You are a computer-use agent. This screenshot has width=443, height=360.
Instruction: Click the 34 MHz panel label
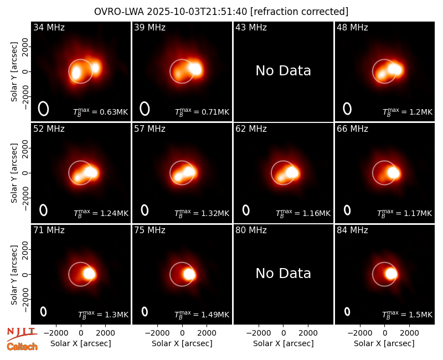tap(49, 27)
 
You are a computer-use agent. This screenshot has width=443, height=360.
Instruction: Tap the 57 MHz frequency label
tap(150, 129)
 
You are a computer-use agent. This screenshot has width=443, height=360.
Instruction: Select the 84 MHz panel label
tap(352, 230)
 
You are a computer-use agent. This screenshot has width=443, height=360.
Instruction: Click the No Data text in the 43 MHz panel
tap(284, 71)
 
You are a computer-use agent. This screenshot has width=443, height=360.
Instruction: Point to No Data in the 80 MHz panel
tap(284, 273)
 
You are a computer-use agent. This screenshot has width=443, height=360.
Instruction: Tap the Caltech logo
tap(22, 347)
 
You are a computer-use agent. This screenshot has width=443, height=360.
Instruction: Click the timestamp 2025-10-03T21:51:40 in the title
tap(197, 12)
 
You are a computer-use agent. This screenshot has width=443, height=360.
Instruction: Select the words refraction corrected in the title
tap(299, 12)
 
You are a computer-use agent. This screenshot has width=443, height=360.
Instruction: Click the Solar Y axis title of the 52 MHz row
tap(14, 173)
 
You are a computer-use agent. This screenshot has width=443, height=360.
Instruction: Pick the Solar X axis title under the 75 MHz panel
tap(182, 343)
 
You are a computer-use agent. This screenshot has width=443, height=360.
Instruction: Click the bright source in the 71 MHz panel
tap(89, 274)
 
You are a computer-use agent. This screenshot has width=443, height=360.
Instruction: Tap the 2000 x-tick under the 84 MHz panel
tap(409, 333)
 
